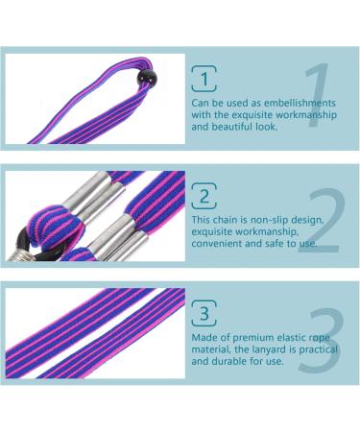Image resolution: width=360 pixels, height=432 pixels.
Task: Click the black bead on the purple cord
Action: point(146,78)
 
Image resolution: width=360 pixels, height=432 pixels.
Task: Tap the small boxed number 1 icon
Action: point(204,79)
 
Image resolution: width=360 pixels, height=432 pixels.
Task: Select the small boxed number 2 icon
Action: point(204,196)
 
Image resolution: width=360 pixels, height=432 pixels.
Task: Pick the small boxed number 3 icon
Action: point(204,313)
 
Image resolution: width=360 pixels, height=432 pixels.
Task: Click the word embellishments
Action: point(300,103)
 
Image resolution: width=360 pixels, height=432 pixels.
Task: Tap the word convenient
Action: point(217,244)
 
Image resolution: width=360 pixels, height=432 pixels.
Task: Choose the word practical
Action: point(319,349)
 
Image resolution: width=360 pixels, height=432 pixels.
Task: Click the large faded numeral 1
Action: point(317,95)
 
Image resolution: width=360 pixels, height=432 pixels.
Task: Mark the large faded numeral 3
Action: point(322,340)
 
